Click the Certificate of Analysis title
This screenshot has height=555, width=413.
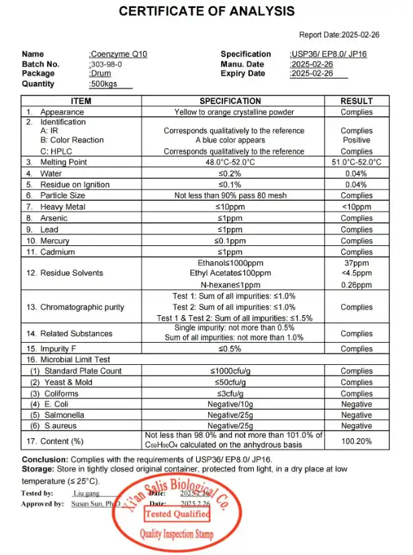click(x=206, y=11)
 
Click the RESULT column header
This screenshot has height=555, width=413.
click(x=356, y=101)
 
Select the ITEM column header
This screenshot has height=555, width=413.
click(x=81, y=101)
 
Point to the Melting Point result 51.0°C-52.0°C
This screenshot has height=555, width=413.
click(x=356, y=162)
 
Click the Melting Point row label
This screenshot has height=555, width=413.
click(x=63, y=162)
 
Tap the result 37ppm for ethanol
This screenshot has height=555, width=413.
click(x=356, y=263)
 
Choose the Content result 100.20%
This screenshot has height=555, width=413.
click(x=356, y=441)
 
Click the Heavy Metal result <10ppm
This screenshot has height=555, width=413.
click(x=356, y=207)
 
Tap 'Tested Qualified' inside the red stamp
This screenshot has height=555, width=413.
click(x=177, y=514)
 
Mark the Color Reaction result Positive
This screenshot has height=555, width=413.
click(x=356, y=140)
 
